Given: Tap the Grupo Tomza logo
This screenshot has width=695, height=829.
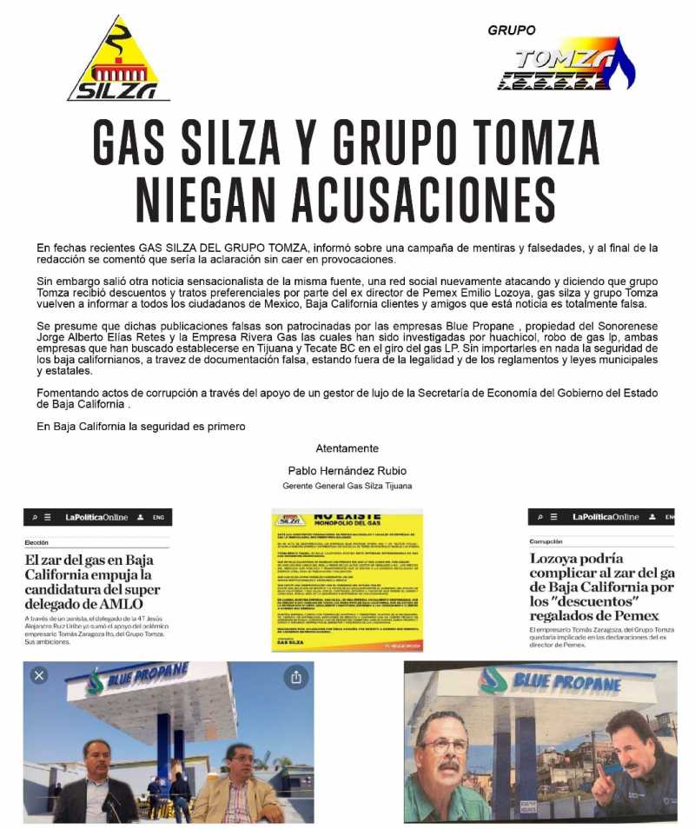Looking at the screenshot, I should (x=565, y=64).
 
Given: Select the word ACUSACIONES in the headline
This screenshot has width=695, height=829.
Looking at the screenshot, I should (x=445, y=201).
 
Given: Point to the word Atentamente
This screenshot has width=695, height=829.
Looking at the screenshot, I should (x=347, y=448).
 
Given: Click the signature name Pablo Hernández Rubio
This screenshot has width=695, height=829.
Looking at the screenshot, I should (x=347, y=471).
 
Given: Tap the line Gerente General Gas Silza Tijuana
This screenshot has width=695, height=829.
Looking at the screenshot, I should (x=347, y=486).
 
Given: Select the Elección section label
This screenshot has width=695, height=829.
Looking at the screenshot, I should (x=37, y=542).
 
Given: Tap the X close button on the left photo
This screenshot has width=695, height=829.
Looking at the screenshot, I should (x=38, y=675).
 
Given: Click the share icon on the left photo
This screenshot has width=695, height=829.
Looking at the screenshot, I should (x=295, y=676).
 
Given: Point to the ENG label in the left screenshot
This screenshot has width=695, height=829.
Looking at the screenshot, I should (x=158, y=518).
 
